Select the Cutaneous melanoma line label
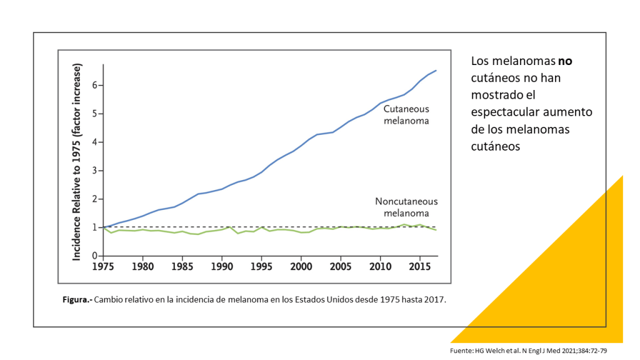tap(406, 114)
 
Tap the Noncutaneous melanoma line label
tap(406, 207)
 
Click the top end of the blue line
tap(436, 71)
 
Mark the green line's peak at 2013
tap(404, 224)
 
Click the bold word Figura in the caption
tap(77, 300)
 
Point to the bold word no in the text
tap(565, 61)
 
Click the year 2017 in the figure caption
tap(435, 300)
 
